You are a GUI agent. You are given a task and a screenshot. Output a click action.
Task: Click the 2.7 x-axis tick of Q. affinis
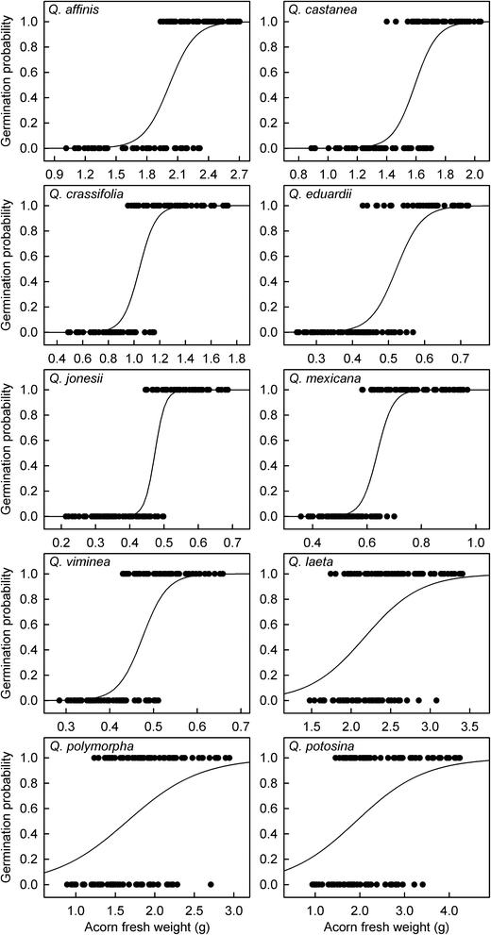[239, 175]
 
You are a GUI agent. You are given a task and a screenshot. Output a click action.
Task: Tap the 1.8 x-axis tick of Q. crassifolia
[236, 359]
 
